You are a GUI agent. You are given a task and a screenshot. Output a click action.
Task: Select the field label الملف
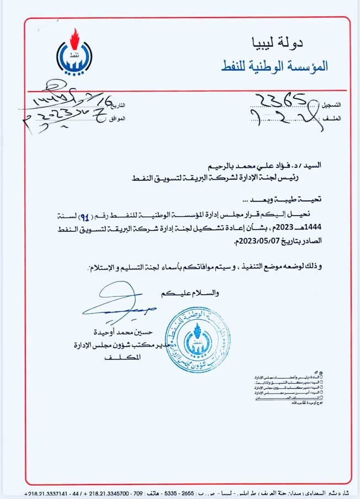(x=333, y=118)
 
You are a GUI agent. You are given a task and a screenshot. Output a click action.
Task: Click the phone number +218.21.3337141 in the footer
(x=47, y=492)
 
